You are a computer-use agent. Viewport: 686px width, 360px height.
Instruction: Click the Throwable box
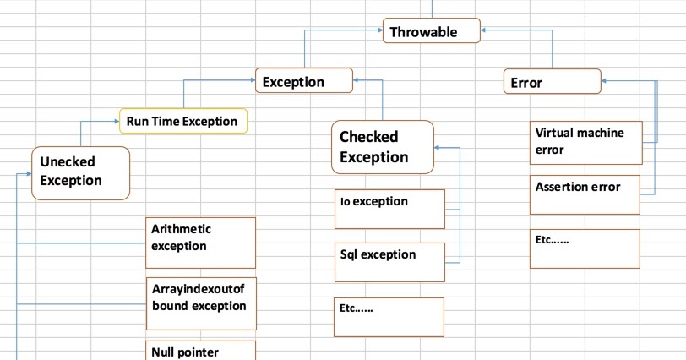coord(432,32)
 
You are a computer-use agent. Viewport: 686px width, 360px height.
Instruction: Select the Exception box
coord(304,81)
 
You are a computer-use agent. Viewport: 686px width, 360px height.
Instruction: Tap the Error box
coord(553,81)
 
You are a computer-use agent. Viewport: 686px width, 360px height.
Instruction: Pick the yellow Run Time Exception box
coord(183,121)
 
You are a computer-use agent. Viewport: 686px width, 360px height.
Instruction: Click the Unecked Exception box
coord(80,172)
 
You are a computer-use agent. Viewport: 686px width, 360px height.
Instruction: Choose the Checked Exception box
coord(383,146)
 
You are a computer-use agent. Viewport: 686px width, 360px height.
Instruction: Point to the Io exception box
coord(389,209)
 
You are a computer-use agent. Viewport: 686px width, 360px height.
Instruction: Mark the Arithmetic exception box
coord(201,243)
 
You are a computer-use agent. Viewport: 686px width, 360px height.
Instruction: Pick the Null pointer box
coord(201,350)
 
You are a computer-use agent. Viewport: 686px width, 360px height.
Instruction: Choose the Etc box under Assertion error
coord(585,248)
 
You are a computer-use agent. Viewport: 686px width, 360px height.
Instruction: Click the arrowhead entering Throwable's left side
coord(379,32)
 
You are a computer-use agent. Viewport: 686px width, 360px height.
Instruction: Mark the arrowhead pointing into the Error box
coord(606,81)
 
